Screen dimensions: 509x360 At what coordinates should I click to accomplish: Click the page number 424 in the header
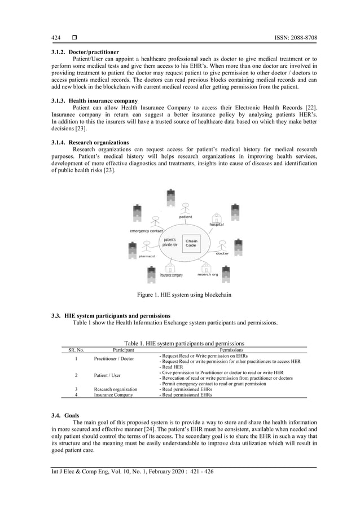pyautogui.click(x=56, y=38)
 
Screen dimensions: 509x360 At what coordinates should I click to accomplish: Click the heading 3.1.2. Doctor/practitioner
pyautogui.click(x=85, y=52)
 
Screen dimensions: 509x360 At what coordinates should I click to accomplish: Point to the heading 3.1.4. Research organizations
pyautogui.click(x=90, y=142)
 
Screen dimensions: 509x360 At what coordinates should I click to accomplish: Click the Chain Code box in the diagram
pyautogui.click(x=191, y=243)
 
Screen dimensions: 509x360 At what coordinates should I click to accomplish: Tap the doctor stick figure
pyautogui.click(x=222, y=245)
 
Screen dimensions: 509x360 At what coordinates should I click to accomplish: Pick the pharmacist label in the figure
pyautogui.click(x=147, y=256)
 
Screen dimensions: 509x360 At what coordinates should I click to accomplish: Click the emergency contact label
pyautogui.click(x=146, y=231)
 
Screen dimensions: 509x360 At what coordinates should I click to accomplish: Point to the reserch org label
pyautogui.click(x=207, y=274)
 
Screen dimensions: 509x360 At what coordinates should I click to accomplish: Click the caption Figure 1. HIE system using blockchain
pyautogui.click(x=184, y=295)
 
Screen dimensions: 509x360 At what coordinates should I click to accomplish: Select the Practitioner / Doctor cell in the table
pyautogui.click(x=114, y=358)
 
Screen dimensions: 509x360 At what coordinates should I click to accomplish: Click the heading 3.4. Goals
pyautogui.click(x=65, y=415)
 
